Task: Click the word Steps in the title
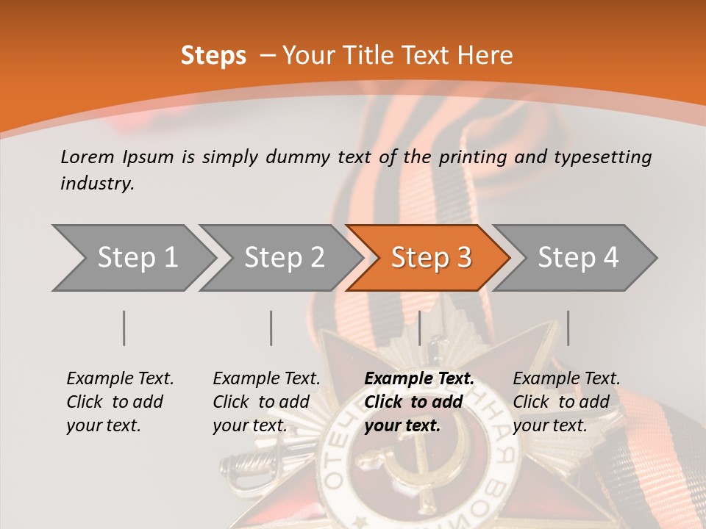pyautogui.click(x=213, y=56)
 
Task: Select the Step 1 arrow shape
pyautogui.click(x=132, y=258)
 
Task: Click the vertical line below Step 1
pyautogui.click(x=124, y=328)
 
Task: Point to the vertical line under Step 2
pyautogui.click(x=271, y=328)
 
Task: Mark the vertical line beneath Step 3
pyautogui.click(x=420, y=328)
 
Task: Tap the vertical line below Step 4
pyautogui.click(x=568, y=328)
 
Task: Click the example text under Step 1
pyautogui.click(x=120, y=402)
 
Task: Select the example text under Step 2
pyautogui.click(x=266, y=402)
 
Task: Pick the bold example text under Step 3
pyautogui.click(x=419, y=402)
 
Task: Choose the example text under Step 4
pyautogui.click(x=566, y=402)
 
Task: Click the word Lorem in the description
pyautogui.click(x=88, y=156)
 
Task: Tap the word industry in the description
pyautogui.click(x=97, y=184)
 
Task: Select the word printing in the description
pyautogui.click(x=474, y=156)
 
